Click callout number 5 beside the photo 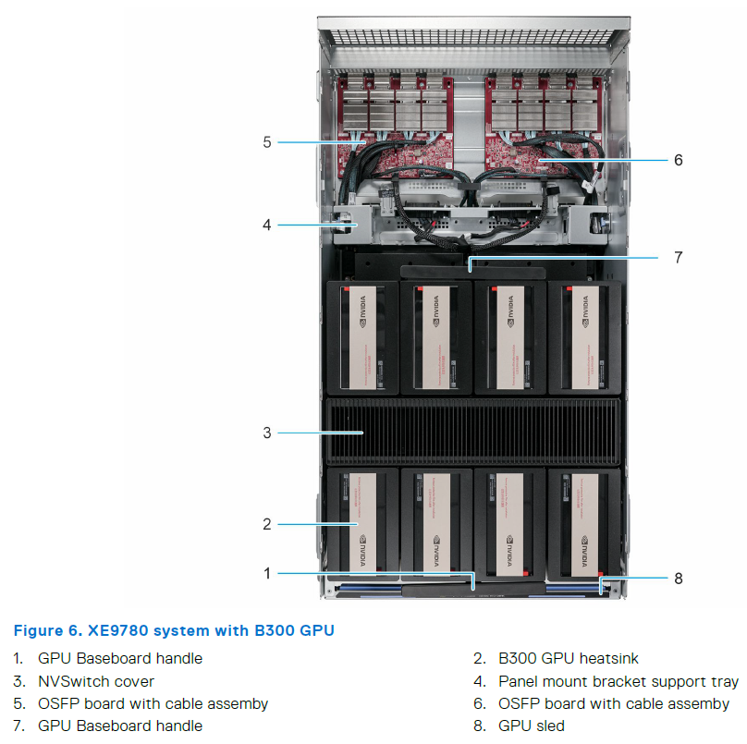(x=266, y=142)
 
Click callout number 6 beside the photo (x=678, y=160)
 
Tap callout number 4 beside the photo (x=266, y=225)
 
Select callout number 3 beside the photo (x=266, y=432)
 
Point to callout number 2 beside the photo (x=266, y=524)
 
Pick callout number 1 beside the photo (x=266, y=573)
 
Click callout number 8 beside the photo (x=678, y=579)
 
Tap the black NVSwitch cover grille (x=471, y=431)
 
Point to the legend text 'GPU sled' (x=531, y=726)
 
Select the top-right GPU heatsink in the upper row (x=584, y=337)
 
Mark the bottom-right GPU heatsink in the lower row (x=584, y=522)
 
